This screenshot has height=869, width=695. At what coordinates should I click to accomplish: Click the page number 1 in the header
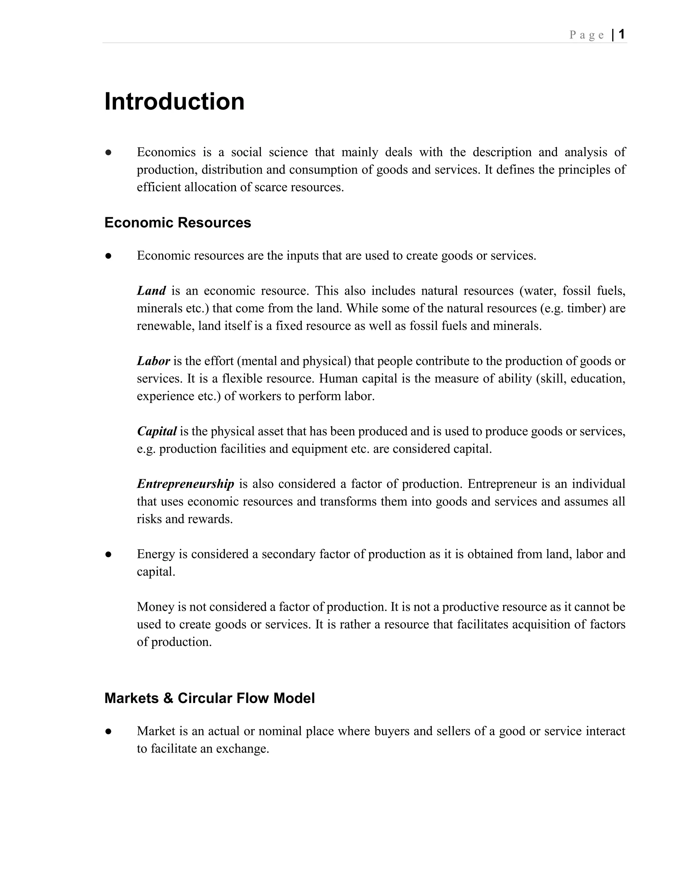click(x=622, y=34)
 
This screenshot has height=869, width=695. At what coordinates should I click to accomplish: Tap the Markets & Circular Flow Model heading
click(x=209, y=698)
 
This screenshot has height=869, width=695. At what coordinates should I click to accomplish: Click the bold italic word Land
click(x=151, y=291)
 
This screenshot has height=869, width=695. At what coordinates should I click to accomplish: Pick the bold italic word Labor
click(x=153, y=361)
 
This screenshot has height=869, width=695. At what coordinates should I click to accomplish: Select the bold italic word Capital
click(x=156, y=431)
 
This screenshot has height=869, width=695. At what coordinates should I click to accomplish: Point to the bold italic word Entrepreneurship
click(x=185, y=484)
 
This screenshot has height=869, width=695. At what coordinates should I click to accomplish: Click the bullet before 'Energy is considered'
click(x=108, y=555)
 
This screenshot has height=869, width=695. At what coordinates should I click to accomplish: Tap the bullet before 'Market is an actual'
click(x=108, y=732)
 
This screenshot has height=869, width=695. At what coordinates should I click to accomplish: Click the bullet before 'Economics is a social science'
click(x=108, y=152)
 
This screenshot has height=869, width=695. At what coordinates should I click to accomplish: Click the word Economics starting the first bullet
click(x=166, y=152)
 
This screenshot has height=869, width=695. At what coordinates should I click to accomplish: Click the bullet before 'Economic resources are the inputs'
click(x=108, y=256)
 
